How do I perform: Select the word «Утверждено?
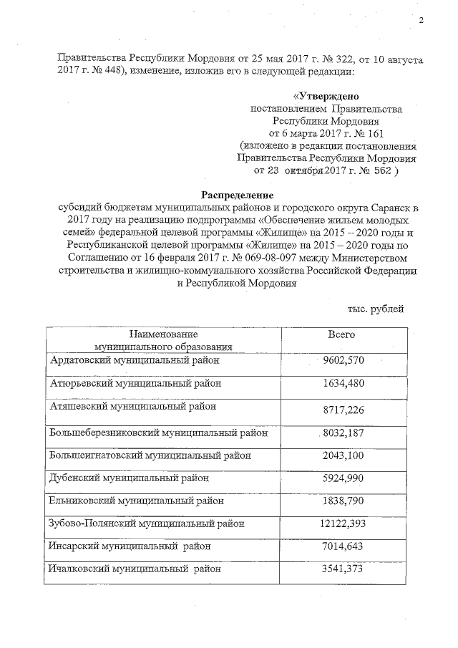(326, 95)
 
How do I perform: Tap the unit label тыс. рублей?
(376, 308)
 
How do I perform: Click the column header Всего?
(341, 334)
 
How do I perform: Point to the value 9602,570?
(344, 359)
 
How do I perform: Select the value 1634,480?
(344, 382)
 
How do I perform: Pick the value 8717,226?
(344, 408)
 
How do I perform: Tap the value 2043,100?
(344, 455)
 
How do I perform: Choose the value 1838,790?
(344, 500)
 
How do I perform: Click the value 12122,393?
(343, 523)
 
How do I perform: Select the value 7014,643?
(344, 546)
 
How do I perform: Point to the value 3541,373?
(344, 569)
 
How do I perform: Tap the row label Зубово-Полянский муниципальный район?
(147, 523)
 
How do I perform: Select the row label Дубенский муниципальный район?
(129, 478)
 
